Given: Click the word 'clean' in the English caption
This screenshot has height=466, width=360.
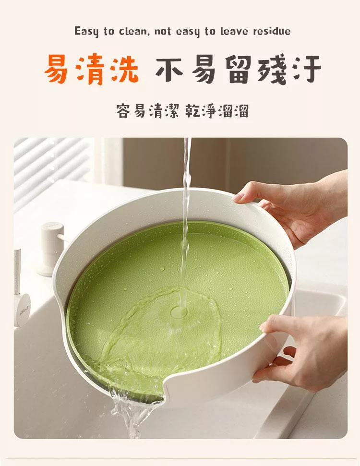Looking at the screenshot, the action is tap(133, 31).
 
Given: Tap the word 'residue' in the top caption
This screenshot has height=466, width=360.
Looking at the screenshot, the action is tap(272, 31).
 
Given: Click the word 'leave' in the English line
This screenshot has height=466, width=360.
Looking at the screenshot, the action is tap(234, 31).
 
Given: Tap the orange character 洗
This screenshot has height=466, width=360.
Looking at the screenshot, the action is tap(123, 69).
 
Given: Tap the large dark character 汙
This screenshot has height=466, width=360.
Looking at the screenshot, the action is tap(307, 69).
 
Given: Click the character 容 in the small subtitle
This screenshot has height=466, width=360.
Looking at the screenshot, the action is tap(122, 111).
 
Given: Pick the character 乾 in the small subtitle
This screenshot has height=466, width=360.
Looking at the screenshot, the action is tap(192, 111).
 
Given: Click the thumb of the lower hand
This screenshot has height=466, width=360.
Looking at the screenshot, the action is tap(274, 324).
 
